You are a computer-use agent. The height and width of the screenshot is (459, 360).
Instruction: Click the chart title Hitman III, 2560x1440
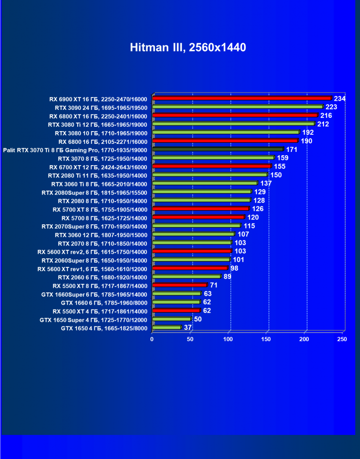pos(188,48)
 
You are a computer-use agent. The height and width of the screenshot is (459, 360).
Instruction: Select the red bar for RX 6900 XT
pos(242,98)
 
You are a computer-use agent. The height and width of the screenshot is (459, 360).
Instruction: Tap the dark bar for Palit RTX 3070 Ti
pos(218,150)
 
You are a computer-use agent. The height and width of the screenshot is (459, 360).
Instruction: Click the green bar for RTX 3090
pos(237,107)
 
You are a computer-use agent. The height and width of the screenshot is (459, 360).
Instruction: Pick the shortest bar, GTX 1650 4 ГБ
pos(167,327)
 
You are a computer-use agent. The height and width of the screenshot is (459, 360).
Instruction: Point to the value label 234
pos(340,98)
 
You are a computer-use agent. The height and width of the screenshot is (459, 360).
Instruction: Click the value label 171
pos(292,150)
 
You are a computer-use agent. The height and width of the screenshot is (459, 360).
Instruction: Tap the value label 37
pos(188,327)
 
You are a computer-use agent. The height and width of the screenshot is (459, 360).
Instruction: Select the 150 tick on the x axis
pos(267,339)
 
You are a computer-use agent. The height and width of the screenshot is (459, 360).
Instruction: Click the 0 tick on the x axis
pos(152,339)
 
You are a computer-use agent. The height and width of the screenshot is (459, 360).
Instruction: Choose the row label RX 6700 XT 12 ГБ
pos(99,167)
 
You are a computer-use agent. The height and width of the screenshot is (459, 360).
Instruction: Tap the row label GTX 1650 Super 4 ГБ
pos(94,320)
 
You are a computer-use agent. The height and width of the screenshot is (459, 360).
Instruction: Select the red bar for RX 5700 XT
pos(200,209)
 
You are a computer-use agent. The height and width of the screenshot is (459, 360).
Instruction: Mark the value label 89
pos(227,276)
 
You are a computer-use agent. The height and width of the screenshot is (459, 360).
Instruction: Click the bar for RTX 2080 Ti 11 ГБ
pos(210,175)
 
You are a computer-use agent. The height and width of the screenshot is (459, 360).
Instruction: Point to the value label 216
pos(326,115)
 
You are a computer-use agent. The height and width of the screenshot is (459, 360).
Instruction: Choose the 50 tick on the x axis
pos(190,339)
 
